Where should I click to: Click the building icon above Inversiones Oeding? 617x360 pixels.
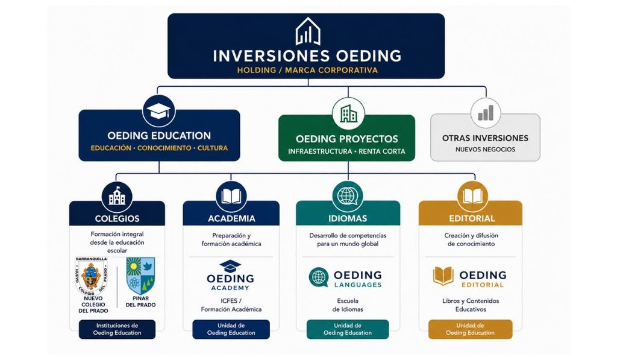(x=308, y=31)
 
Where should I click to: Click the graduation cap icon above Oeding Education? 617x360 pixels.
(x=158, y=111)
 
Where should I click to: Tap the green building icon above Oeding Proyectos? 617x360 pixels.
(x=348, y=114)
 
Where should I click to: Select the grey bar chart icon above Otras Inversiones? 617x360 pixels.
(x=486, y=113)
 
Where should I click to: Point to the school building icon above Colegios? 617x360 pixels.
(x=117, y=196)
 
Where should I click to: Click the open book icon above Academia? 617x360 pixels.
(x=231, y=196)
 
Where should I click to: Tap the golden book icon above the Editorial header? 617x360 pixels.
(x=472, y=196)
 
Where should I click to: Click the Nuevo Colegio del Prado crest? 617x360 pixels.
(x=92, y=276)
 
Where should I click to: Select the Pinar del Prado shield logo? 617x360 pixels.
(x=140, y=276)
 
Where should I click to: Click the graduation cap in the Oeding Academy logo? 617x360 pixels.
(x=230, y=267)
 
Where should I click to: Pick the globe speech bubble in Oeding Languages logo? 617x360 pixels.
(x=319, y=277)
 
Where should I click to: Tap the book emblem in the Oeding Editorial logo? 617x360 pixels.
(x=443, y=276)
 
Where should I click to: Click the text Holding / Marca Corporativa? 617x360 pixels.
(x=307, y=70)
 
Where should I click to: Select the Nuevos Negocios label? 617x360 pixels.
(x=485, y=150)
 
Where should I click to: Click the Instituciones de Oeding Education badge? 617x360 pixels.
(x=117, y=329)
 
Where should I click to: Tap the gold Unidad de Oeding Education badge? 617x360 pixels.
(x=470, y=329)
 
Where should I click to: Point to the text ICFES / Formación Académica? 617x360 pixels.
(x=231, y=305)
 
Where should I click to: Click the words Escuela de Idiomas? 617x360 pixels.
(x=348, y=305)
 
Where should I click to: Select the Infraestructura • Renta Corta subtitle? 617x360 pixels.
(x=346, y=151)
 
